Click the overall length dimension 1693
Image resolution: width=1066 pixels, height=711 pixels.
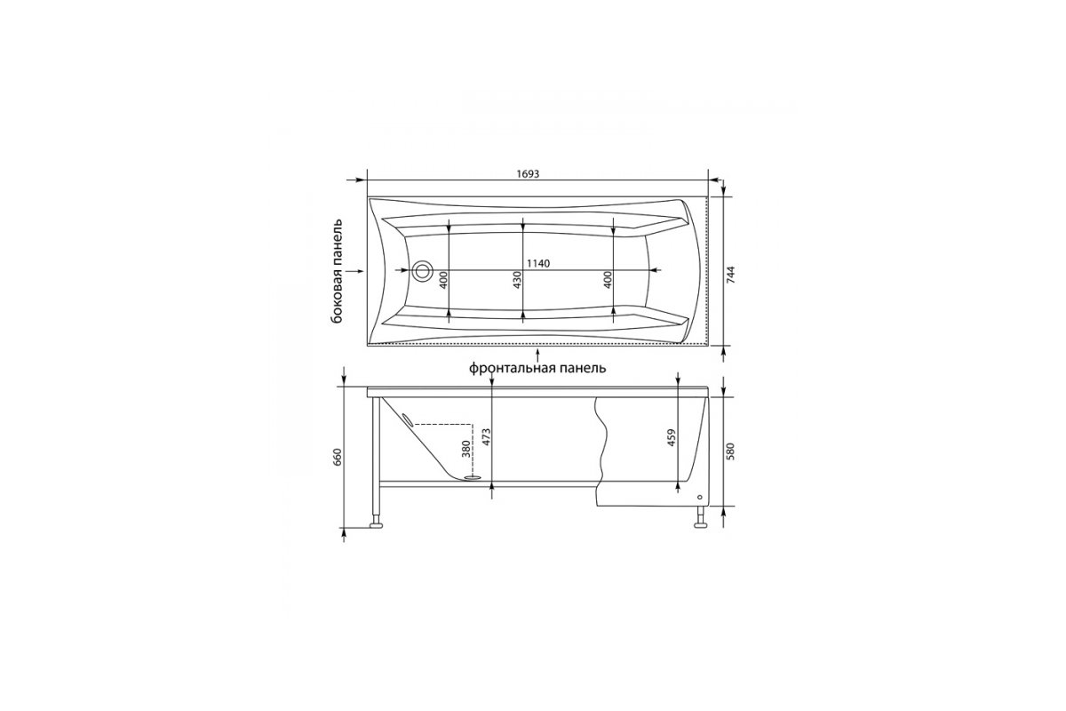[x=528, y=174]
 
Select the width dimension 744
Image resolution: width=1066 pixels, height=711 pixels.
[x=731, y=275]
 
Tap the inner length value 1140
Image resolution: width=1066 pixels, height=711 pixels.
[x=538, y=263]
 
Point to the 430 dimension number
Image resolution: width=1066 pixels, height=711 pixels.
[x=518, y=280]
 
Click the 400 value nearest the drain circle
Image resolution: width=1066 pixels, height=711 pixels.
[x=443, y=280]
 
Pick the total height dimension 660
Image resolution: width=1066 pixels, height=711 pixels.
[x=338, y=457]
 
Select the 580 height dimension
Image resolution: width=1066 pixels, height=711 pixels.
[x=731, y=451]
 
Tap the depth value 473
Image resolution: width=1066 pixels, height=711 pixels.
[x=486, y=437]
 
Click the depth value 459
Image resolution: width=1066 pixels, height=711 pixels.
[x=672, y=437]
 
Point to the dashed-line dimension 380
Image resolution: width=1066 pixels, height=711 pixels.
[x=465, y=449]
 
